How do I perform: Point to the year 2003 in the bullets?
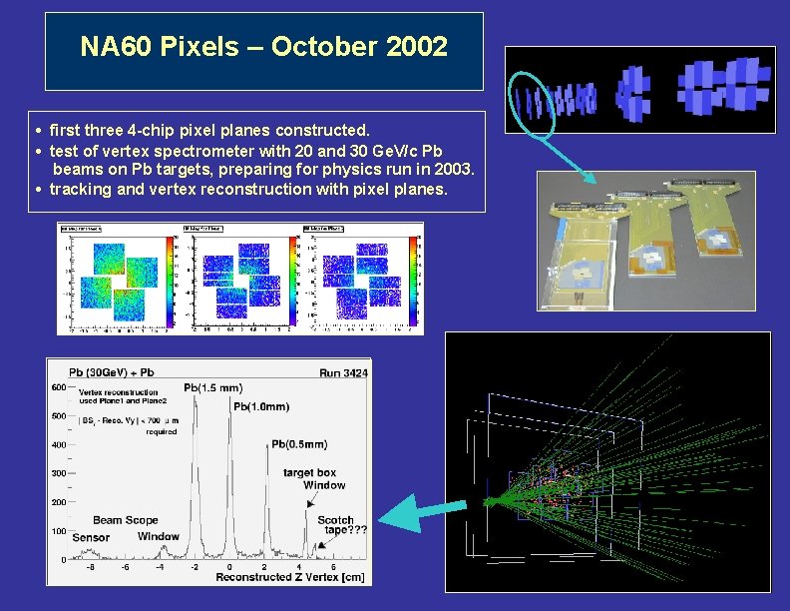tap(452, 170)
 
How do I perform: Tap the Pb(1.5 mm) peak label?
tap(212, 387)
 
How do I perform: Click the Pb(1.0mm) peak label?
tap(261, 406)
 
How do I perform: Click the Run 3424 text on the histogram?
tap(343, 372)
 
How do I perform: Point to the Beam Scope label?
tap(126, 520)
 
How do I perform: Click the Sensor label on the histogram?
tap(91, 537)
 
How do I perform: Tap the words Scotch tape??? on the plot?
tap(342, 525)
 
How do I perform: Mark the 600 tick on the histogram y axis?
tap(59, 387)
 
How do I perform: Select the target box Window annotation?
tap(314, 479)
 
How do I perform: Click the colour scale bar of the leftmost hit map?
tap(170, 279)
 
